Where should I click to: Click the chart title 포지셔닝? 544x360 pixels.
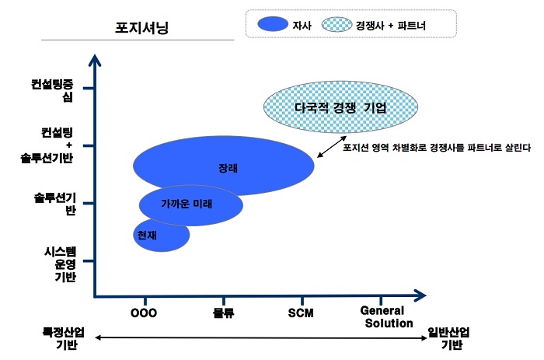point(141,27)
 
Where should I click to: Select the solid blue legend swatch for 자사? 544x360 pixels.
point(273,24)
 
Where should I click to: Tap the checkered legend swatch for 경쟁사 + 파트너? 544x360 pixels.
point(337,24)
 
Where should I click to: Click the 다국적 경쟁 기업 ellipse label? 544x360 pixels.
point(340,107)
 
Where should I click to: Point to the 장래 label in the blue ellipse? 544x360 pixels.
point(228,168)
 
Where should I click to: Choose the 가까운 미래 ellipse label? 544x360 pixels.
point(187,204)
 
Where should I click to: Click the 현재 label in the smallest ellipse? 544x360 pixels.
point(147,235)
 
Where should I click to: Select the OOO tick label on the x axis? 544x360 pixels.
point(144,313)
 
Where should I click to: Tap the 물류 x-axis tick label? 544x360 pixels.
point(224,313)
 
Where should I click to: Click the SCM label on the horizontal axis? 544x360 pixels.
point(301,313)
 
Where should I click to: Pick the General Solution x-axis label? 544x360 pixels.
point(386,316)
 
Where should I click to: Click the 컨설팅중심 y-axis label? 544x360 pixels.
point(52,90)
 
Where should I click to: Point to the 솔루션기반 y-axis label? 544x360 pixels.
point(55,204)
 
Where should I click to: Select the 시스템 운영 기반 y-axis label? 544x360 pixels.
point(61,264)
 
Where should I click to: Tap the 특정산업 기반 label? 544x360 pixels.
point(64,338)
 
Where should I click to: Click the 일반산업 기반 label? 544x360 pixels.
point(448,338)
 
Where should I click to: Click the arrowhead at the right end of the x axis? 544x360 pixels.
point(421,295)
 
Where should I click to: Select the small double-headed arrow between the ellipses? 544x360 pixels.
point(332,147)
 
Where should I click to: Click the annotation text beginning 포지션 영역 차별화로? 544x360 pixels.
point(437,148)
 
